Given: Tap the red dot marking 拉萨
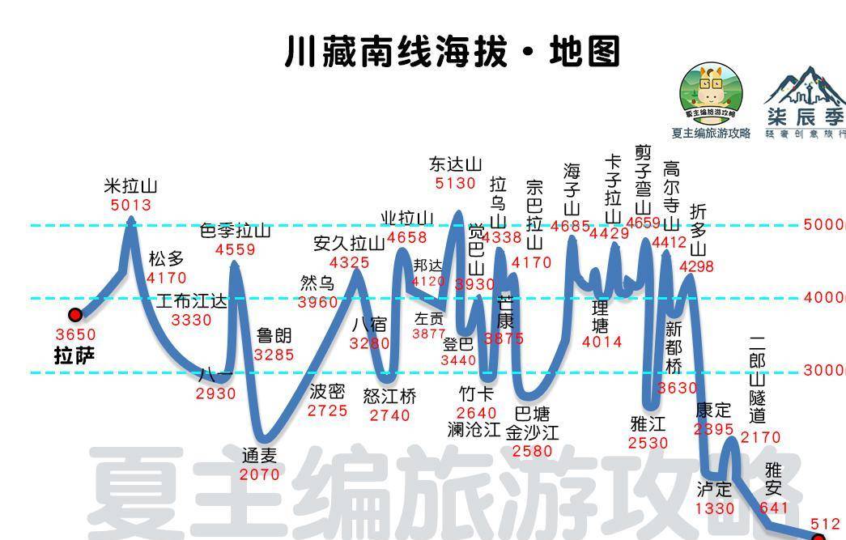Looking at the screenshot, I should [75, 315].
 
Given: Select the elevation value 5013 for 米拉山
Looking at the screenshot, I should [131, 205].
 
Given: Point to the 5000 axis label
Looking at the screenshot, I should [824, 224].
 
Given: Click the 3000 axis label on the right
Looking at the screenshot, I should [824, 371].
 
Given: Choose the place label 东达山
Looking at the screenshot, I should [455, 164].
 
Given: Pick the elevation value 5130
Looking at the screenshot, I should [455, 184].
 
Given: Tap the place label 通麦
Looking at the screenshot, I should [259, 456].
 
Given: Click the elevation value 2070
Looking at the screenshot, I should [259, 474].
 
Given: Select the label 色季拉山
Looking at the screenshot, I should [236, 231].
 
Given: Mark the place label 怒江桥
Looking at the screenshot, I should [389, 397].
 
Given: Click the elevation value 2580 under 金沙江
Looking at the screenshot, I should [532, 451].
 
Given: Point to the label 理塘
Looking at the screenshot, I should [600, 317].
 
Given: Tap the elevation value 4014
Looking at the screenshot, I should [602, 342].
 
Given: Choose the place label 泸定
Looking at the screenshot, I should [714, 490].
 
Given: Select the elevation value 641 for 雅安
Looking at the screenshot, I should [774, 508].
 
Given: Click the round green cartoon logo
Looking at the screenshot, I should [710, 93].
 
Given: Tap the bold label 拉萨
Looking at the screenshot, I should [74, 355].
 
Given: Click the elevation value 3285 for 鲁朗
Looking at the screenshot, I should [274, 355].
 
